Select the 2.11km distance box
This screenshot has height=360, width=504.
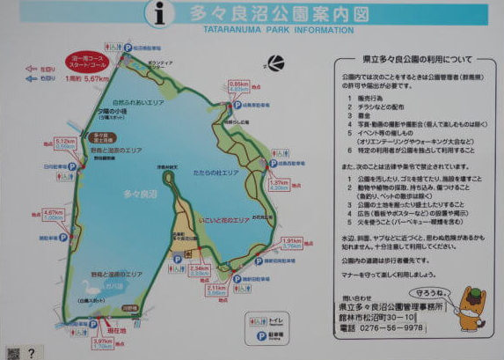[217, 290]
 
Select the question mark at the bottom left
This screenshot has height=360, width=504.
[31, 352]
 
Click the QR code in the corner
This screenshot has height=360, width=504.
[10, 351]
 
